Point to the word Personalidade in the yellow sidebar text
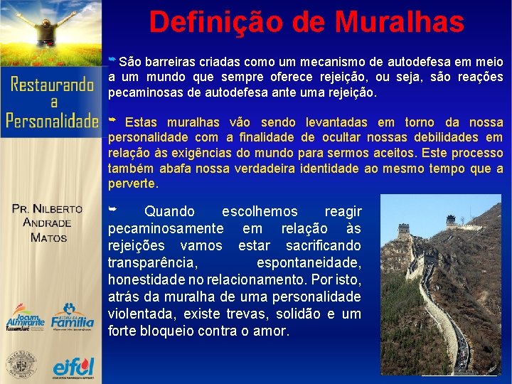click(51, 120)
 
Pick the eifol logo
click(73, 367)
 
